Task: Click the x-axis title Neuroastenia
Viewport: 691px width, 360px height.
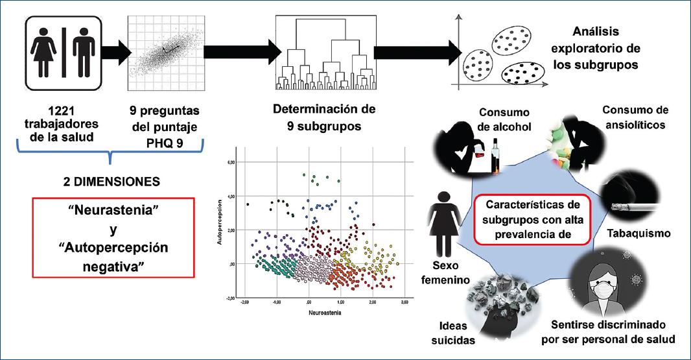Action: [x=325, y=312]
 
